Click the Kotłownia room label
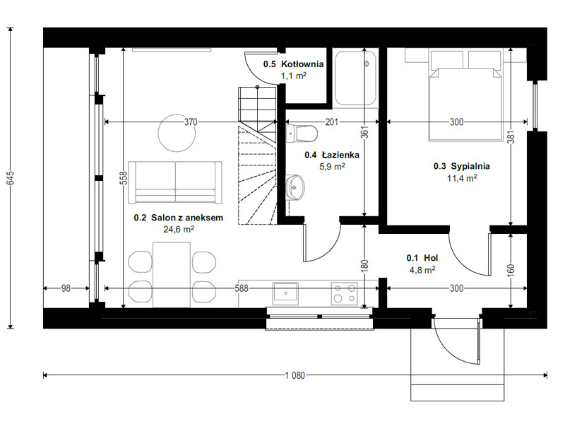pos(293,64)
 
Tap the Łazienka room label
pos(332,155)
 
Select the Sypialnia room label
pos(462,166)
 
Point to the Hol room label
pos(422,258)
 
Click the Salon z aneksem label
pos(179,218)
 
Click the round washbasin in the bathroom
pos(295,187)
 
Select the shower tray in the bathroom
pos(355,78)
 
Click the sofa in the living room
pos(175,182)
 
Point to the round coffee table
pos(177,133)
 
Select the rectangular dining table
pos(172,275)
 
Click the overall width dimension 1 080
pos(295,375)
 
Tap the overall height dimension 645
pos(10,178)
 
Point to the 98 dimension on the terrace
pos(66,288)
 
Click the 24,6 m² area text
pos(179,229)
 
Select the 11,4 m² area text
pos(463,178)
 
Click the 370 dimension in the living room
pos(191,122)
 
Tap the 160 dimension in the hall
pos(511,270)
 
